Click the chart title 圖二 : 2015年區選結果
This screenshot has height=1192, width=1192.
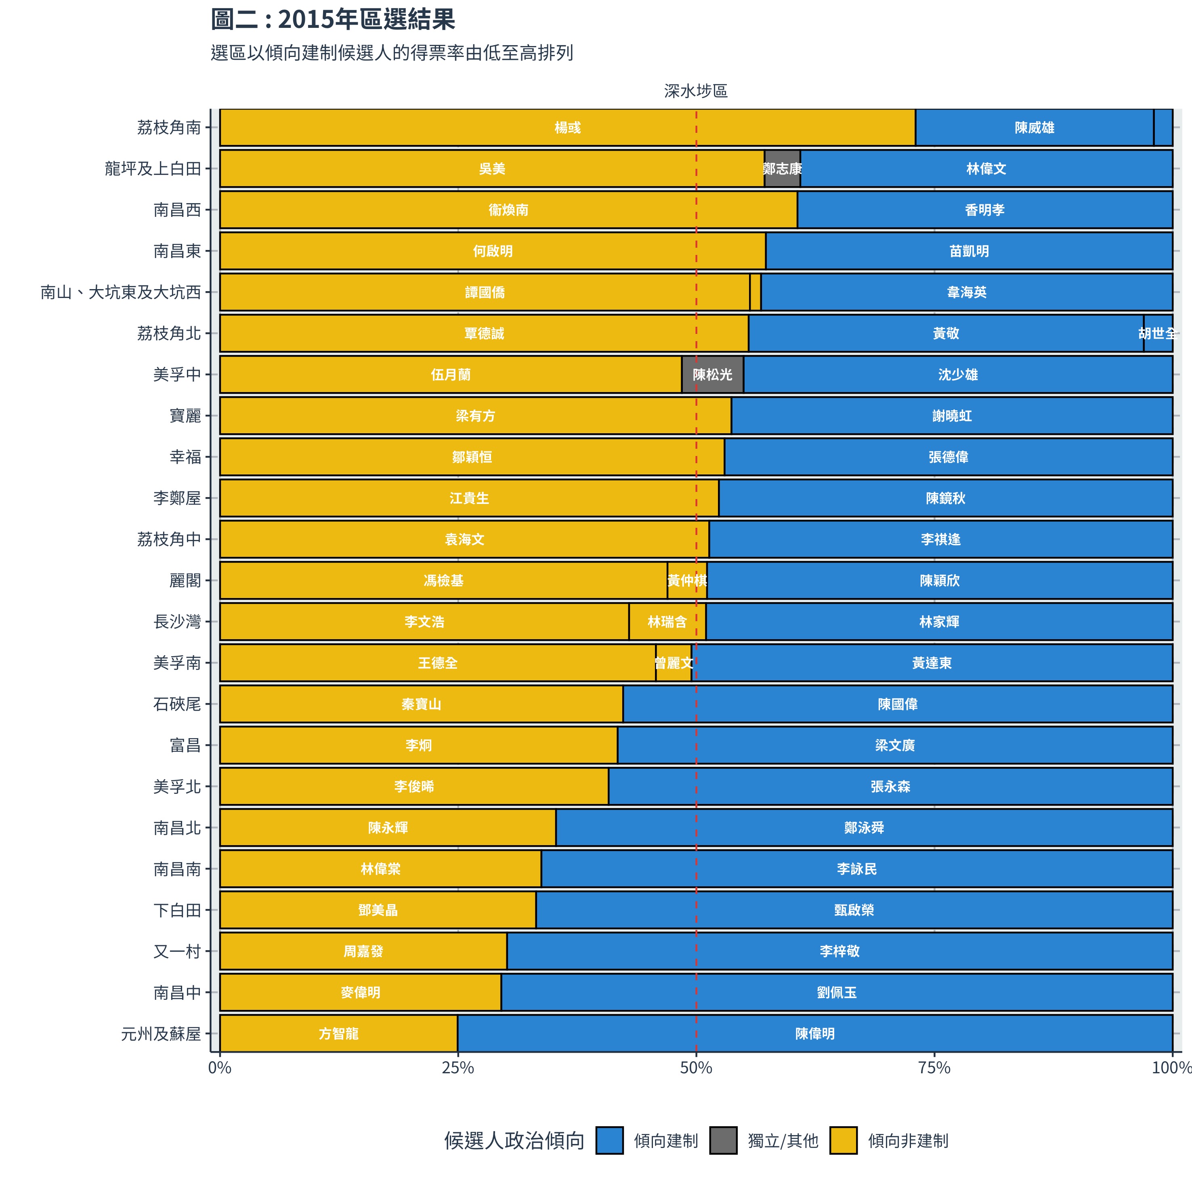click(333, 20)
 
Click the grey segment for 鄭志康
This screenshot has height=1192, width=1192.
click(782, 168)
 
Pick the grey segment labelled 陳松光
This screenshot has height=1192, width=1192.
click(713, 374)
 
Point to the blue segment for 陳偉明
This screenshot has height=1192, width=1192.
click(814, 1033)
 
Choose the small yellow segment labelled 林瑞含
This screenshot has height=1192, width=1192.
click(667, 622)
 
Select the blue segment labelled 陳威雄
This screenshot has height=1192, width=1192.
click(1034, 128)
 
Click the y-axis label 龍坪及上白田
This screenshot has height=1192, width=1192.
click(153, 168)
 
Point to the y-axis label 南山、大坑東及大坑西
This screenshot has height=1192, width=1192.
click(121, 292)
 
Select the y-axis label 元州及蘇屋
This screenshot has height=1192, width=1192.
click(161, 1033)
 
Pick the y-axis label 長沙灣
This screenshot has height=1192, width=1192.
click(177, 622)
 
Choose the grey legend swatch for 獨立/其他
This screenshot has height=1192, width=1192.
click(723, 1141)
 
